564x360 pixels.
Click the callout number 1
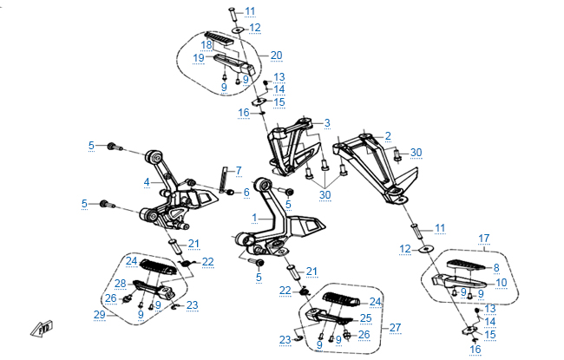click(254, 216)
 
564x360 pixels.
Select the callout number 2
click(388, 135)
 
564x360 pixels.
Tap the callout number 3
click(327, 123)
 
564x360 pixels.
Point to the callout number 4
click(148, 182)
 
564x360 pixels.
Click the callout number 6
click(246, 192)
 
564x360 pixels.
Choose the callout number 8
click(496, 268)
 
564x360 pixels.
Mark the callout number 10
click(501, 282)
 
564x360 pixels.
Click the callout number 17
click(484, 237)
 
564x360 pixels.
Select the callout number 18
click(207, 44)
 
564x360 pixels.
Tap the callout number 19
click(199, 57)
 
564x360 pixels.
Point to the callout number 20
click(276, 56)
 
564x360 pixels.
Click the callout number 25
click(365, 318)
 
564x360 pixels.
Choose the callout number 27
click(395, 328)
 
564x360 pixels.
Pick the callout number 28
click(121, 284)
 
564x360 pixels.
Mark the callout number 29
click(100, 316)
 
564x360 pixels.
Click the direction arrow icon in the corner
click(42, 328)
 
